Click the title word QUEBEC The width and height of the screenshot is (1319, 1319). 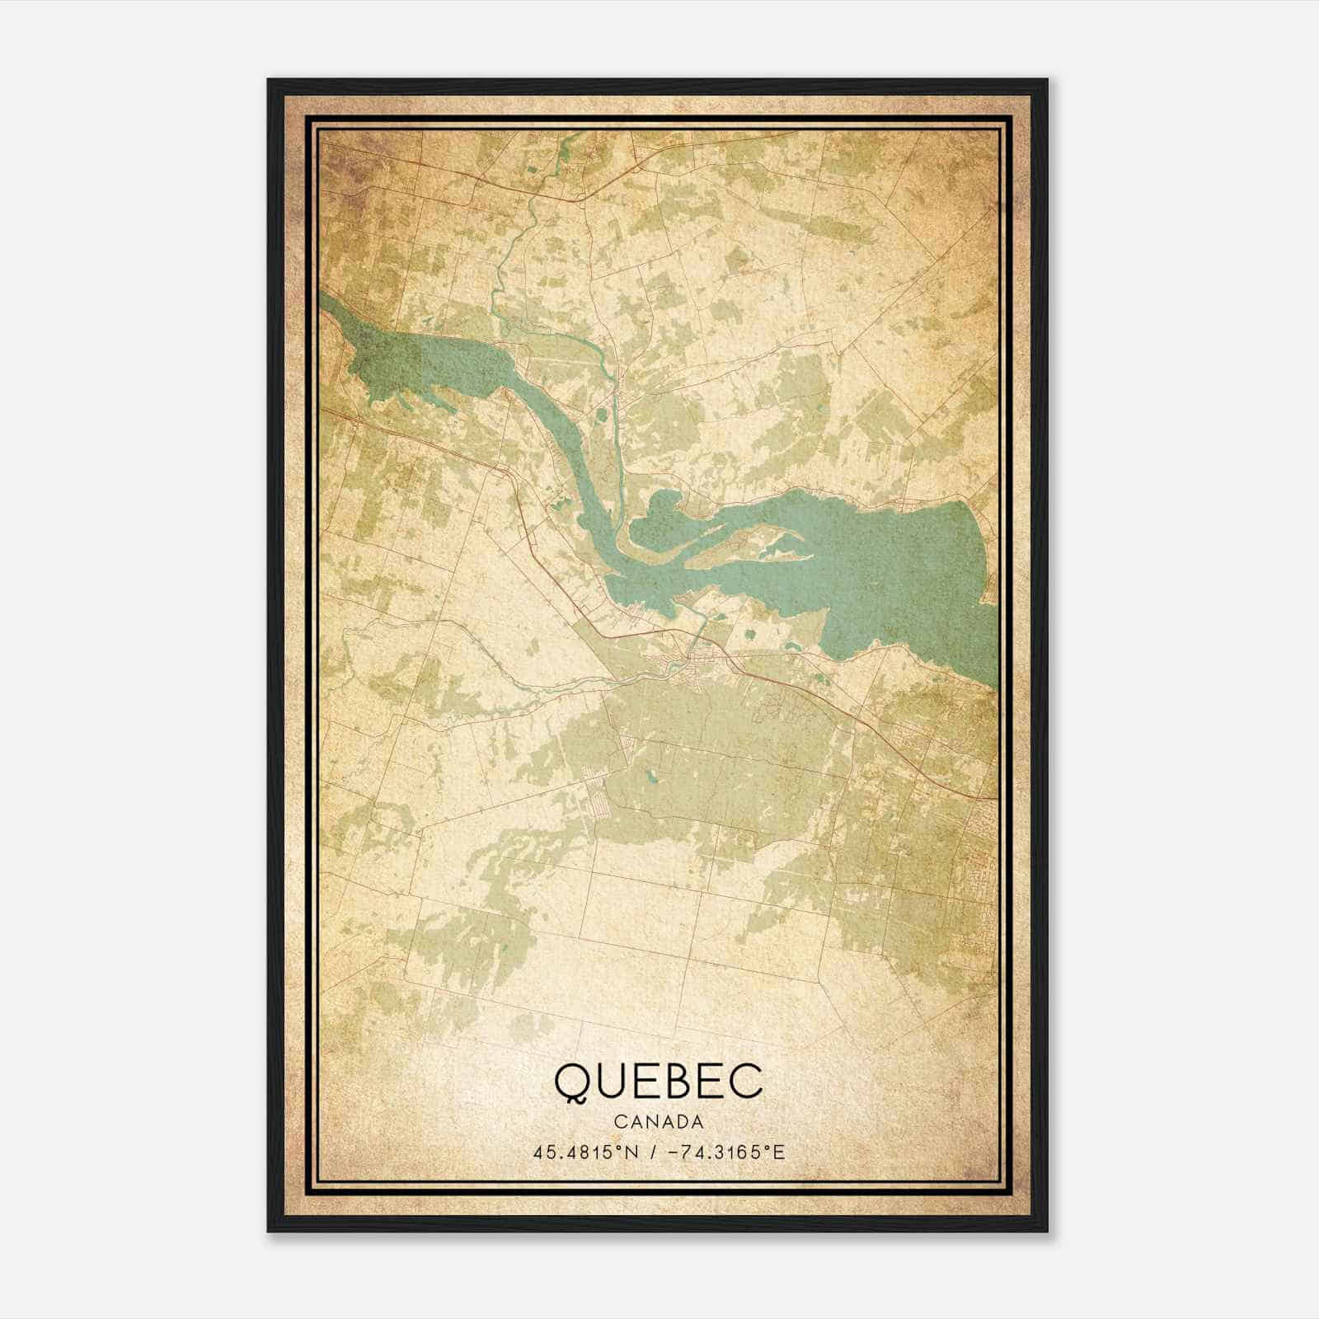[x=659, y=1082]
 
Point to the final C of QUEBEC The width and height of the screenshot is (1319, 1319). [x=749, y=1082]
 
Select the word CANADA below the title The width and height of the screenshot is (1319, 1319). [x=659, y=1122]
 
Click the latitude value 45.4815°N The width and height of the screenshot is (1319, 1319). [x=585, y=1152]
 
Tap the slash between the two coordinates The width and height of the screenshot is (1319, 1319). [x=652, y=1152]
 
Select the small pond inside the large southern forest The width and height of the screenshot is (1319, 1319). [x=651, y=775]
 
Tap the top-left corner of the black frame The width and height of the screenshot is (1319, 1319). [x=269, y=80]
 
